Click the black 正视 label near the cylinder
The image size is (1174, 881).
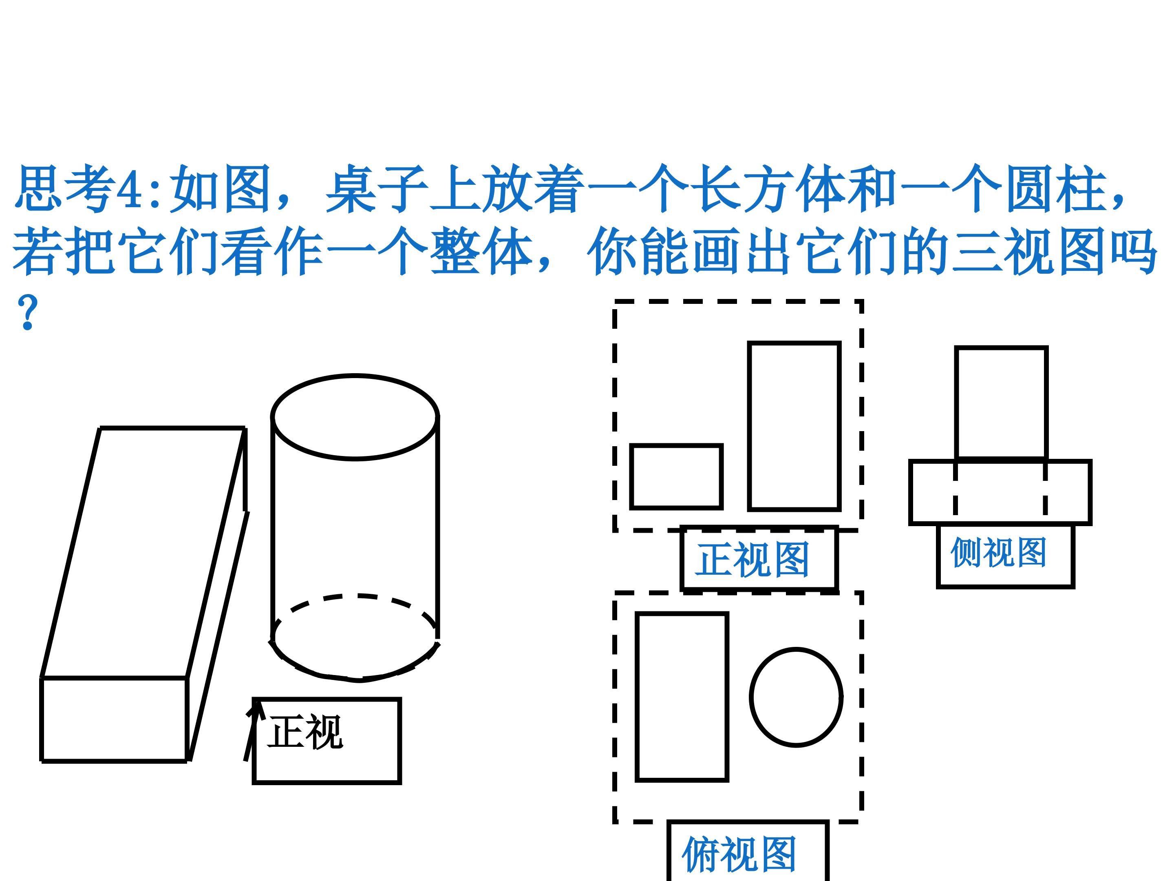[305, 732]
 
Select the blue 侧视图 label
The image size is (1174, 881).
[998, 552]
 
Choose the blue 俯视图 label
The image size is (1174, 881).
[739, 854]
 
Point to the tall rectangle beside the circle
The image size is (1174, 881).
[636, 697]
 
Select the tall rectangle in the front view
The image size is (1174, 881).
[749, 426]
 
